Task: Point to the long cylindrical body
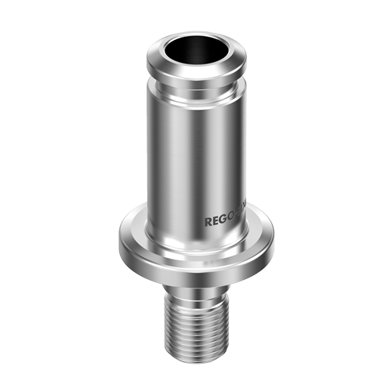(188, 157)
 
